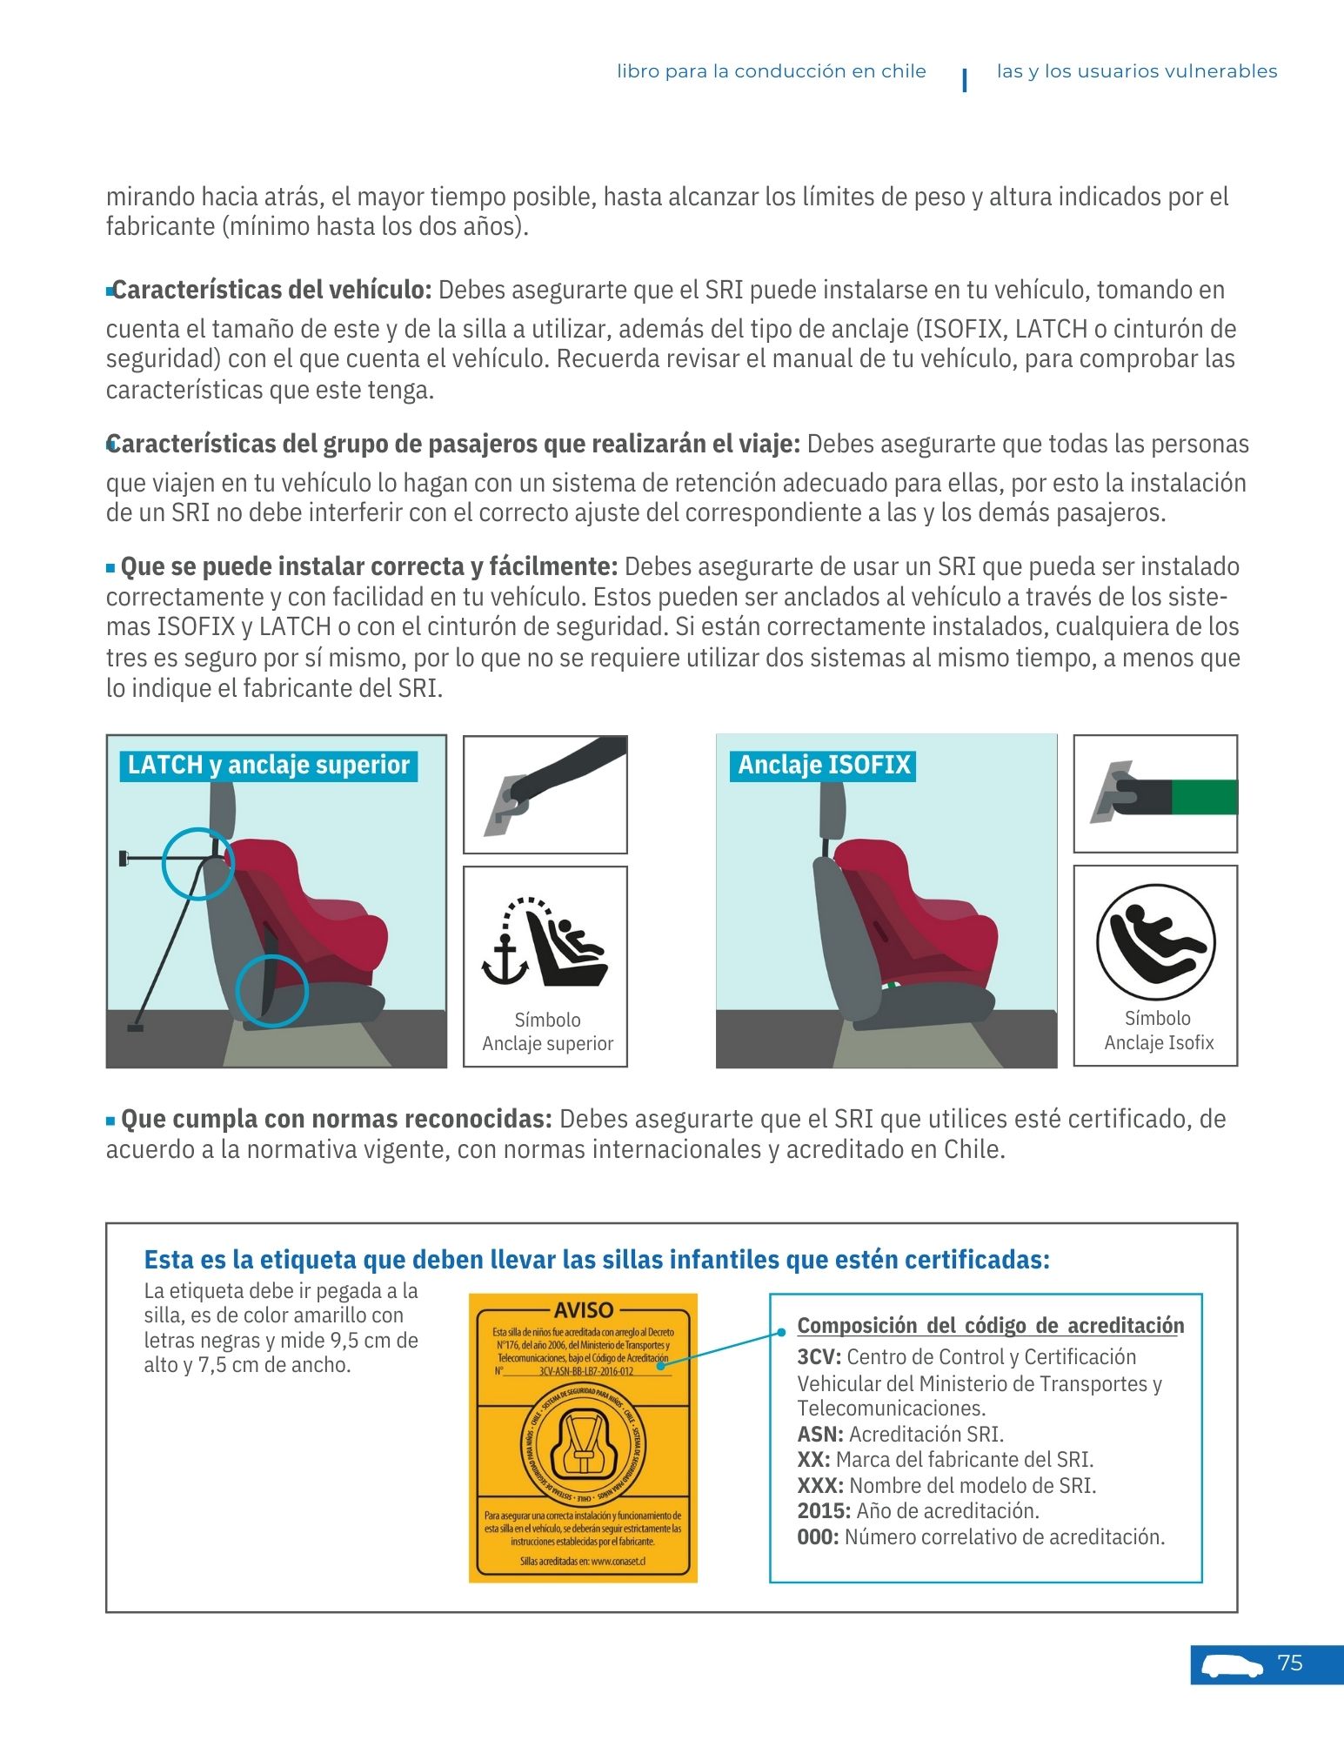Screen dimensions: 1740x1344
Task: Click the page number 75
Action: click(1290, 1663)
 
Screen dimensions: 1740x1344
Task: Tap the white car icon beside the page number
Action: click(1232, 1666)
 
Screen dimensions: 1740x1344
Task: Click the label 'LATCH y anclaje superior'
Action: click(268, 766)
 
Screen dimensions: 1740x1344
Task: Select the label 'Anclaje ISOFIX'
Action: click(823, 766)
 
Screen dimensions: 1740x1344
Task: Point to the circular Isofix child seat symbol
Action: click(1155, 942)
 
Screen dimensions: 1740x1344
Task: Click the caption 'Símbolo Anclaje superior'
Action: click(547, 1032)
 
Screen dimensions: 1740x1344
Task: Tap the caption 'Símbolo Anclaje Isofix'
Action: click(1158, 1031)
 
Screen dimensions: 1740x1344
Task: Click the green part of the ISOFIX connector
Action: click(1204, 797)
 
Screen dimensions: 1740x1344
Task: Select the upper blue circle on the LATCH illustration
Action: click(198, 863)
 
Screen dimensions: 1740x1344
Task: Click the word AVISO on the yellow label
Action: click(584, 1310)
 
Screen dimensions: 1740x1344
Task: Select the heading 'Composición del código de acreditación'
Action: click(990, 1326)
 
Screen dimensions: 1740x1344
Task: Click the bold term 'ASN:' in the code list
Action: click(820, 1435)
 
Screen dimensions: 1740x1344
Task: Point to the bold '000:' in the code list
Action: click(818, 1537)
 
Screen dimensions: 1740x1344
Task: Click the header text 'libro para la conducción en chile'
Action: click(771, 71)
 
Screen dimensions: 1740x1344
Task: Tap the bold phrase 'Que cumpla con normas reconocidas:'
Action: click(336, 1119)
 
